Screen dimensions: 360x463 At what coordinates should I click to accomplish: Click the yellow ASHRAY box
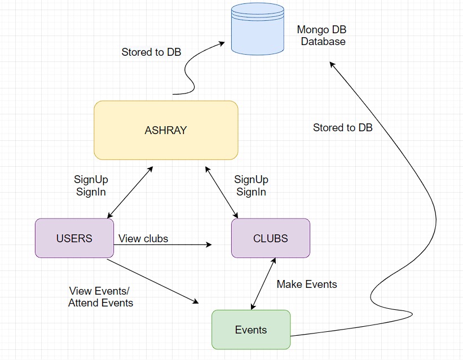click(x=166, y=130)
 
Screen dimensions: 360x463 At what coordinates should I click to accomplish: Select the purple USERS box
click(x=74, y=238)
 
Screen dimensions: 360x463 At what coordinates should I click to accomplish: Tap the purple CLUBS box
click(x=270, y=238)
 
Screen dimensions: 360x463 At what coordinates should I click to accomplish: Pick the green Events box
click(x=251, y=330)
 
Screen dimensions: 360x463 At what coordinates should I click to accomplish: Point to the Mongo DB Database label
click(x=322, y=35)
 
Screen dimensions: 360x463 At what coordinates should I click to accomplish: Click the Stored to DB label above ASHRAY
click(x=151, y=52)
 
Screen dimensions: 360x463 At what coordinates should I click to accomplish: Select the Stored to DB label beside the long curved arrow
click(x=342, y=128)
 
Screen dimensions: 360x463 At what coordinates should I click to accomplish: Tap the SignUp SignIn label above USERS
click(x=91, y=185)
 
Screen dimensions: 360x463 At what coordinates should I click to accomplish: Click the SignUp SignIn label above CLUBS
click(x=251, y=185)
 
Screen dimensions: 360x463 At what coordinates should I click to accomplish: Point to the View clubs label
click(x=143, y=239)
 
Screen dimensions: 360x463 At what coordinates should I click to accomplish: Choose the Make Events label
click(x=306, y=285)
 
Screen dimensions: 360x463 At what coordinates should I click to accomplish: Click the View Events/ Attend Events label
click(x=100, y=297)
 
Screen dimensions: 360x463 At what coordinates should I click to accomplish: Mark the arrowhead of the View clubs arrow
click(x=209, y=245)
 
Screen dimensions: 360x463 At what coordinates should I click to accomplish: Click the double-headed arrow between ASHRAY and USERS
click(x=130, y=192)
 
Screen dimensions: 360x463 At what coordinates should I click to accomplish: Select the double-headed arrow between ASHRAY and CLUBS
click(x=222, y=192)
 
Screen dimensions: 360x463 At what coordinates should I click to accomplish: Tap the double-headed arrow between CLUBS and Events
click(x=263, y=283)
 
